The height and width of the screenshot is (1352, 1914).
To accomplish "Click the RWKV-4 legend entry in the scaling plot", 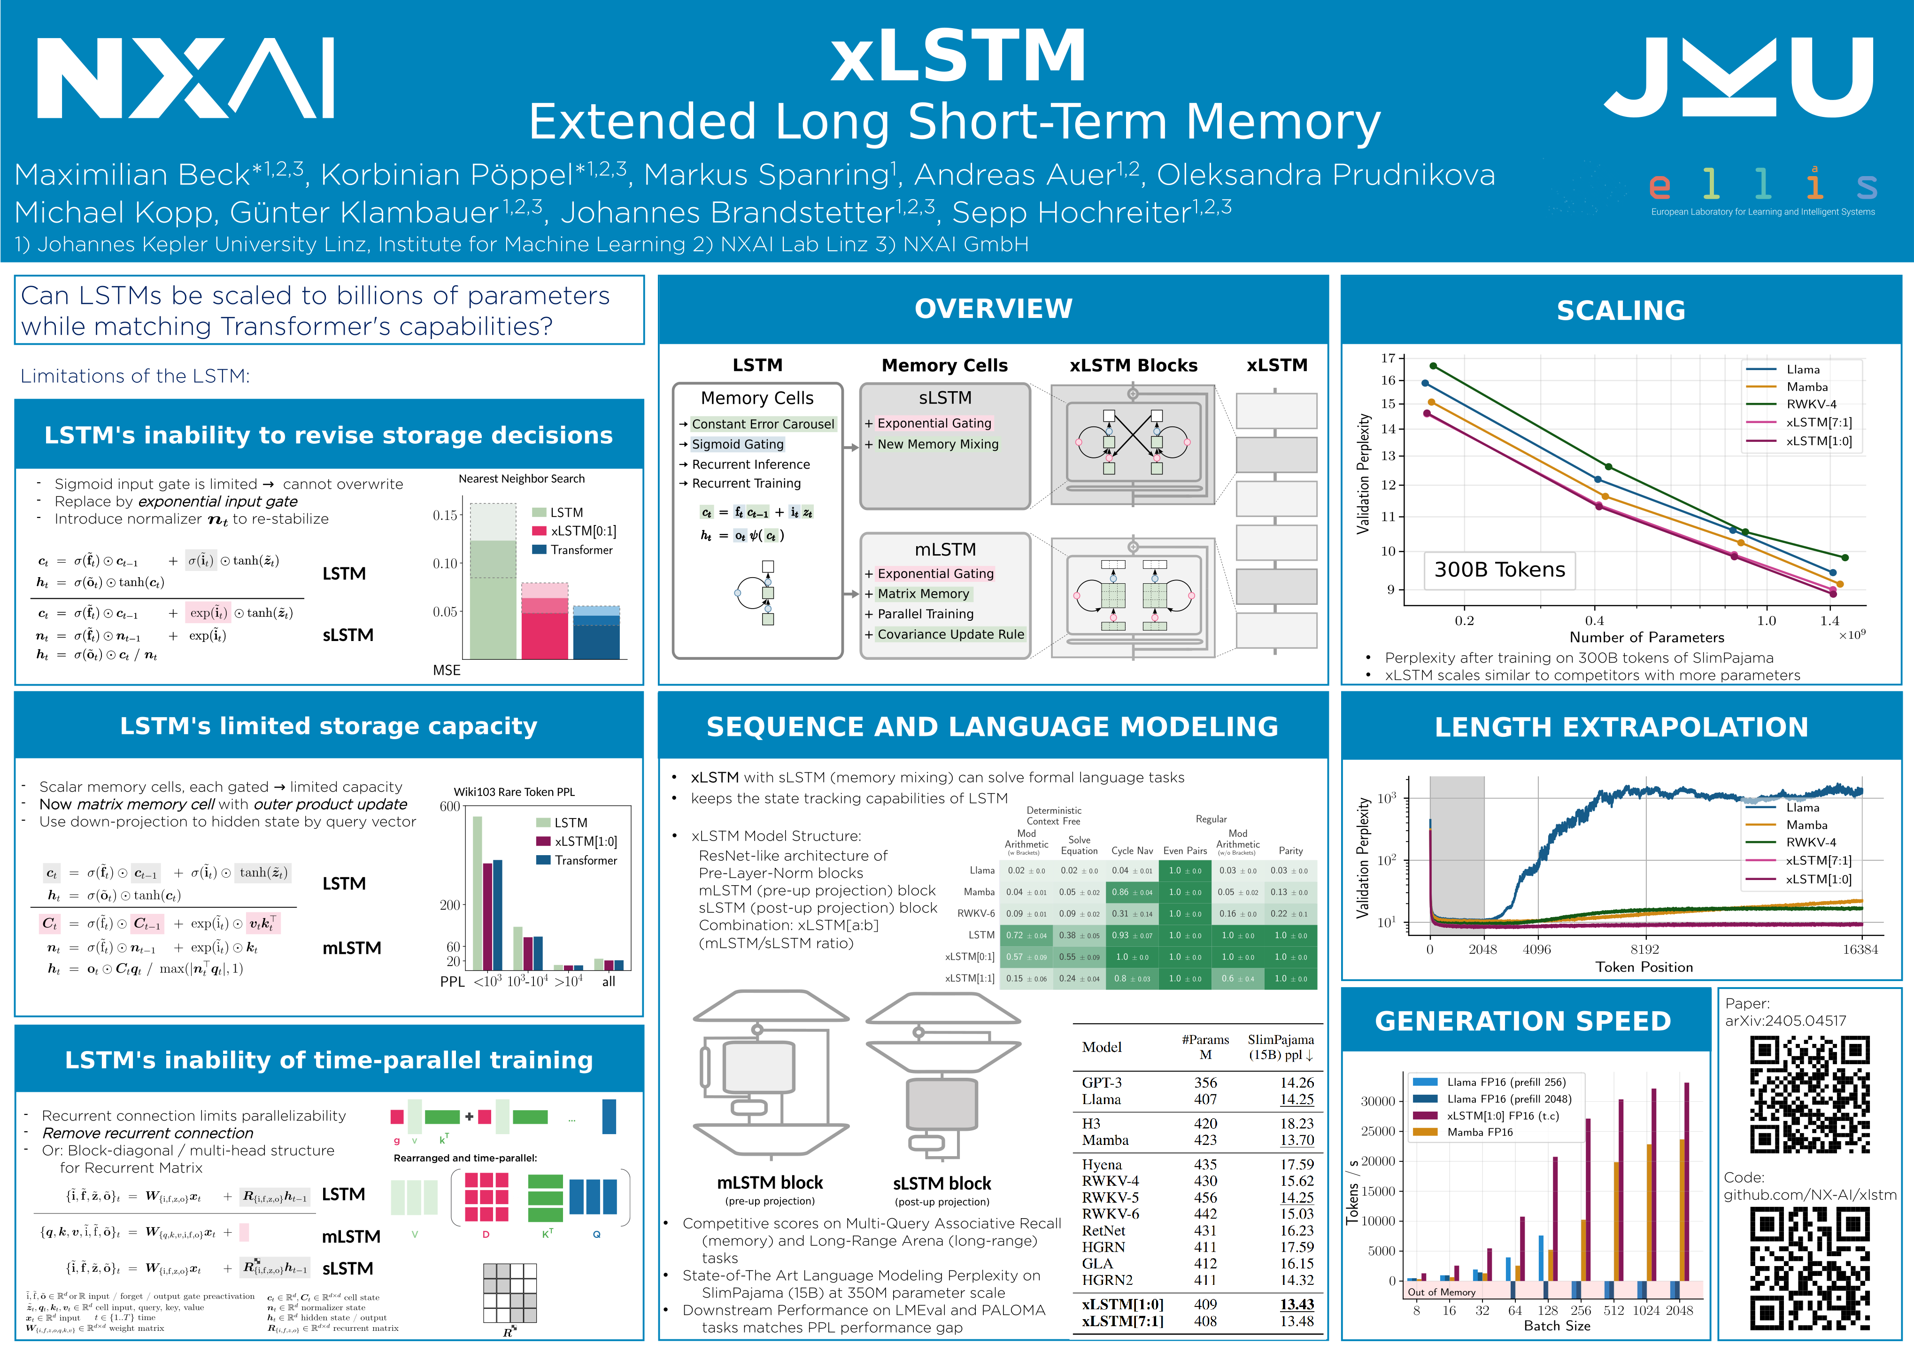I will pyautogui.click(x=1811, y=404).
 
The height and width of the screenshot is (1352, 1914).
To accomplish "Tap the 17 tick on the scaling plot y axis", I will pyautogui.click(x=1388, y=358).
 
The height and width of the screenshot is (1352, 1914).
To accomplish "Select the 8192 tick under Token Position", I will pyautogui.click(x=1645, y=950).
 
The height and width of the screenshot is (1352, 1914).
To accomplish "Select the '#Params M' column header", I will pyautogui.click(x=1205, y=1047).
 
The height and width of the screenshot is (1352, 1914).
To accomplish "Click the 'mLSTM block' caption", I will pyautogui.click(x=770, y=1183).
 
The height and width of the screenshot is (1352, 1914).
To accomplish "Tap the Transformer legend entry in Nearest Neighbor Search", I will pyautogui.click(x=581, y=550).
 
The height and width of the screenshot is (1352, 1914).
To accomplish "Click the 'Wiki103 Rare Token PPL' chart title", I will pyautogui.click(x=514, y=792).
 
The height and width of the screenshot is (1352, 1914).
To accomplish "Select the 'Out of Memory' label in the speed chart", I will pyautogui.click(x=1441, y=1292).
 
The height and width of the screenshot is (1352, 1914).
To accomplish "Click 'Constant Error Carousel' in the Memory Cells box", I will pyautogui.click(x=762, y=424).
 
